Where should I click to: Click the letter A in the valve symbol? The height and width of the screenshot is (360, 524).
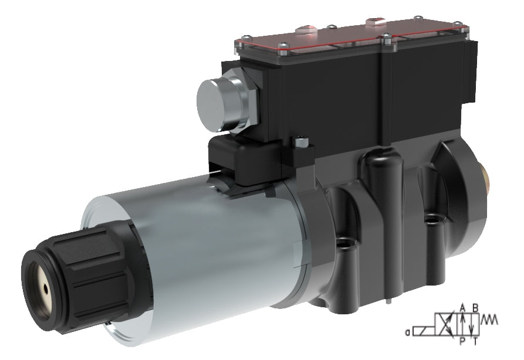click(463, 307)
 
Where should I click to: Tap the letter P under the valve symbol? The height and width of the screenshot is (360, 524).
click(463, 341)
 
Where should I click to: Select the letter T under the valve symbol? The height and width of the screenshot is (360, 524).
click(475, 341)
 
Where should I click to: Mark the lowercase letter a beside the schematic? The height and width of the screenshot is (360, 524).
click(408, 332)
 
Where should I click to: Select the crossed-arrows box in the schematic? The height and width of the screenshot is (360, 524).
click(445, 324)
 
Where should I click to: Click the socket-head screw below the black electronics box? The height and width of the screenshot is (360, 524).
click(301, 141)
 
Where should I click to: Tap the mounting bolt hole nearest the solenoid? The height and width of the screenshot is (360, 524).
click(346, 242)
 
